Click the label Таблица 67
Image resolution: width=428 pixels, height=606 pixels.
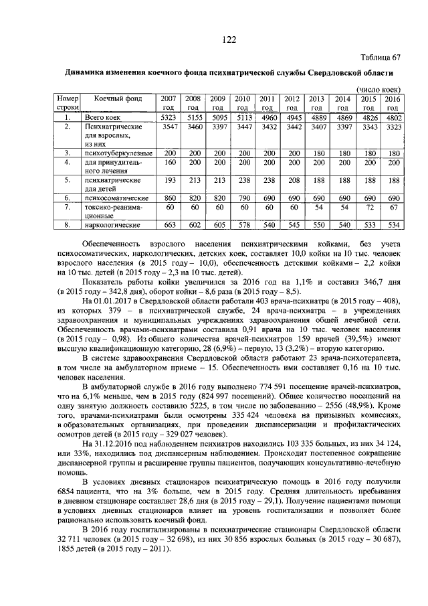382,58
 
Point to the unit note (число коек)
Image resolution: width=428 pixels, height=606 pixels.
379,88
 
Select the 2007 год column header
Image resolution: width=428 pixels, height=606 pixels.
169,102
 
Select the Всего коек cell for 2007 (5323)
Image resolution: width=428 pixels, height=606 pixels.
169,117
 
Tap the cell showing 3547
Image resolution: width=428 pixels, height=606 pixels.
169,126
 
